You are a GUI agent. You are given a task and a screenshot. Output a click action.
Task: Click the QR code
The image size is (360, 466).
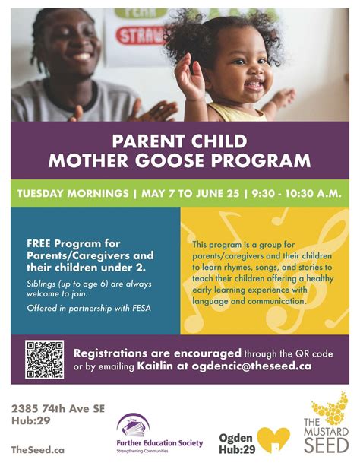(45, 360)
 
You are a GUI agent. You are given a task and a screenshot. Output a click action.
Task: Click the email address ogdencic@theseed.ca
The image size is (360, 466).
(259, 366)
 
